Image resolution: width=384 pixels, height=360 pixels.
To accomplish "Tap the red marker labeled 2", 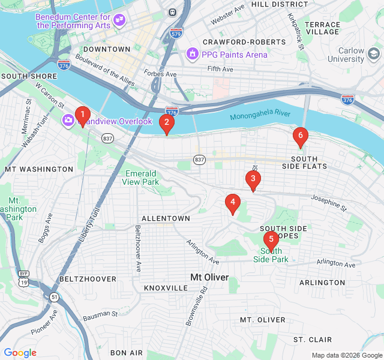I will pyautogui.click(x=166, y=124).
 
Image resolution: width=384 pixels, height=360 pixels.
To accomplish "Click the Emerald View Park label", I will pyautogui.click(x=141, y=178).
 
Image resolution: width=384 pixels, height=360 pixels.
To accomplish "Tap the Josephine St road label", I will pyautogui.click(x=329, y=204).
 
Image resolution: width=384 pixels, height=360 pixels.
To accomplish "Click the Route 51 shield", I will pyautogui.click(x=55, y=296).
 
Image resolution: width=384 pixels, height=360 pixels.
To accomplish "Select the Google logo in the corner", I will pyautogui.click(x=20, y=353).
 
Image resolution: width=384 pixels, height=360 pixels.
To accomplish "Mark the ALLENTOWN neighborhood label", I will pyautogui.click(x=166, y=218).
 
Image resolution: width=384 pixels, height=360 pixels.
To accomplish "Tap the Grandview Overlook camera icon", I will pyautogui.click(x=68, y=121).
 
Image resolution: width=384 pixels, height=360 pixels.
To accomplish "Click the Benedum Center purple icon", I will pyautogui.click(x=119, y=20).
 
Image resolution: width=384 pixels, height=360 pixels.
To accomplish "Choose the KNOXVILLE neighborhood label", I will pyautogui.click(x=166, y=288).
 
